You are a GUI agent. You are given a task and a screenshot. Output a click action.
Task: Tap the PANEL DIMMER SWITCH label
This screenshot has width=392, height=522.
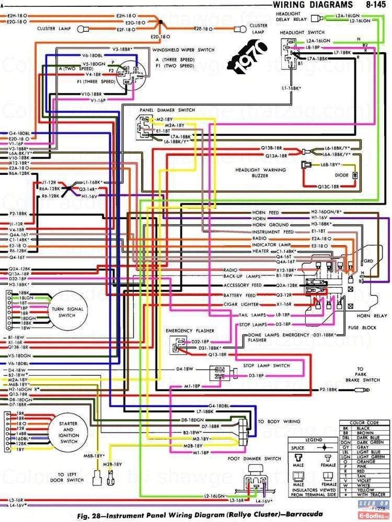(167, 110)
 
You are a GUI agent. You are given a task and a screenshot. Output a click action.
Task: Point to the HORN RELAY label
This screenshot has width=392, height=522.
(372, 316)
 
